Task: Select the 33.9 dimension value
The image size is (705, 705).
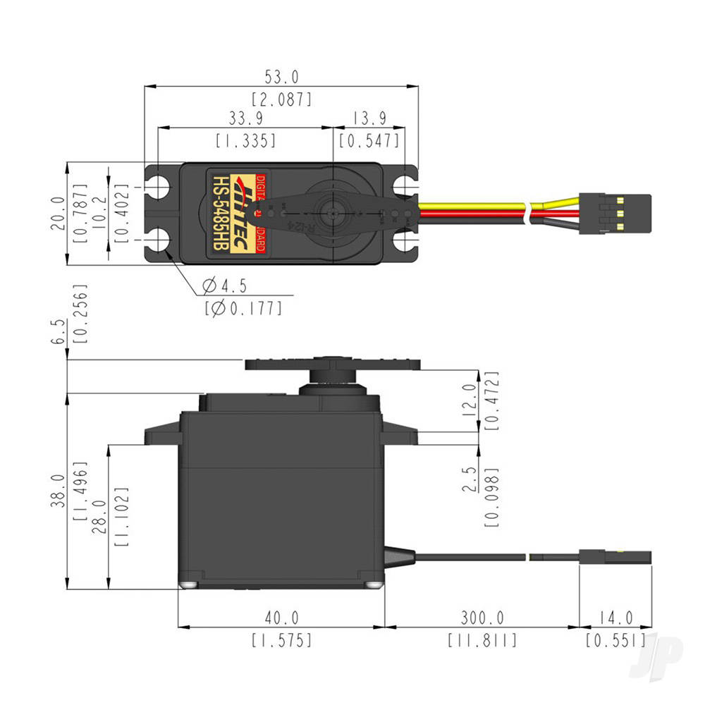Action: [245, 116]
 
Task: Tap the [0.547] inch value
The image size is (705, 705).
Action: [369, 140]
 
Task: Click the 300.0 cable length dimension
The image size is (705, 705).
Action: [482, 618]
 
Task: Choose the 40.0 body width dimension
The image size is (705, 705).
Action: [281, 618]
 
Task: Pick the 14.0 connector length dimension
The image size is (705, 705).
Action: [615, 618]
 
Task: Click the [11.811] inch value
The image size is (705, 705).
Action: [482, 640]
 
